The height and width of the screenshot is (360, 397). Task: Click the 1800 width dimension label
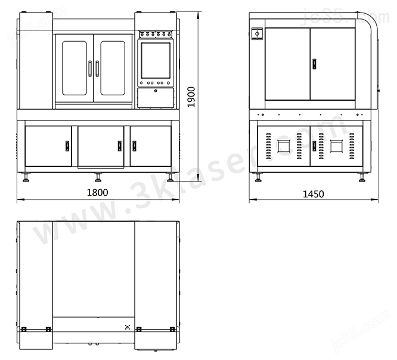[x=98, y=193]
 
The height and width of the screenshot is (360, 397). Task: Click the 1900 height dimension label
[x=191, y=97]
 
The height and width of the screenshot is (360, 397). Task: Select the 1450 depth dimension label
[x=314, y=194]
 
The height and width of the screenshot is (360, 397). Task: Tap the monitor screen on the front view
[x=156, y=61]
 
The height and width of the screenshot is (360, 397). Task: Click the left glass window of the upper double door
[x=75, y=68]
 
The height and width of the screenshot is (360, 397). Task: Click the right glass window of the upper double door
[x=113, y=68]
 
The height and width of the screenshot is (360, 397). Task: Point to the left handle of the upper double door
[x=89, y=69]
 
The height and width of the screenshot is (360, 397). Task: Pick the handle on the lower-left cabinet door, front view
[x=67, y=146]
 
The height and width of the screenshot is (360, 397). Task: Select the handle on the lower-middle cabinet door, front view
[x=119, y=146]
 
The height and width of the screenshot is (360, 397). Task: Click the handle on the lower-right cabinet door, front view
[x=134, y=146]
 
